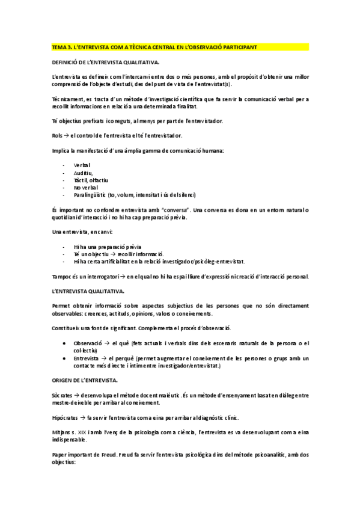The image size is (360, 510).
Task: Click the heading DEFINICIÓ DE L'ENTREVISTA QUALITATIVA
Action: pos(105,62)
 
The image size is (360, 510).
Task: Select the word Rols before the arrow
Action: pos(58,135)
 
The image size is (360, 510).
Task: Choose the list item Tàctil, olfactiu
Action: pos(91,180)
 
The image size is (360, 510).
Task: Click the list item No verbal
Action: pos(85,187)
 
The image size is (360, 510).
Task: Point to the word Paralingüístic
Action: pos(90,195)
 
